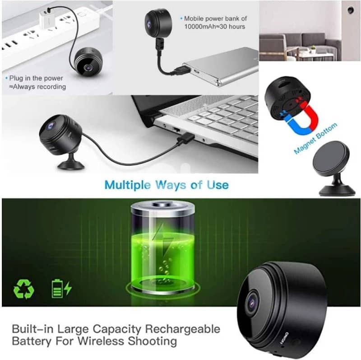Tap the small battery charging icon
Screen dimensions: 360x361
61,288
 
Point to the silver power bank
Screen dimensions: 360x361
221,67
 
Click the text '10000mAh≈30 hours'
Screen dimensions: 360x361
214,27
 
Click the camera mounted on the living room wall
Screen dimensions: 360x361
350,9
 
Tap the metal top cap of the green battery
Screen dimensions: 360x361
162,208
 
